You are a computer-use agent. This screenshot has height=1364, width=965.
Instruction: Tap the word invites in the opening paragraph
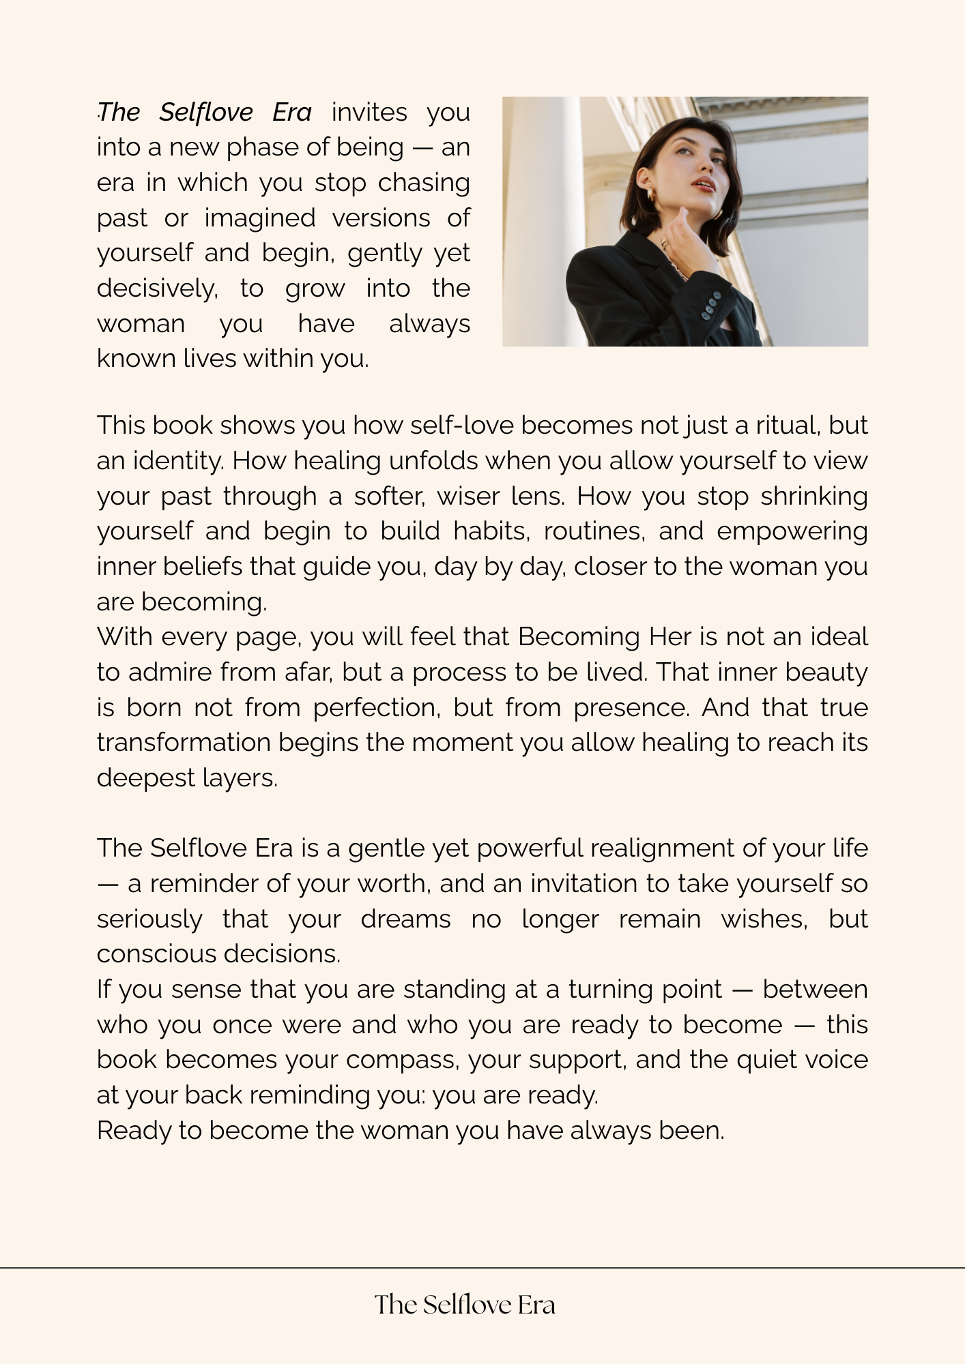369,112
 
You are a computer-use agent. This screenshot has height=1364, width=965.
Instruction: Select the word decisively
157,288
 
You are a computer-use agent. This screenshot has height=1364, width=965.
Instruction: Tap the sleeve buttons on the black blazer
711,305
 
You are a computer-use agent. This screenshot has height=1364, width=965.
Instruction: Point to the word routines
594,531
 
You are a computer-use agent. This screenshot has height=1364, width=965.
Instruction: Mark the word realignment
661,848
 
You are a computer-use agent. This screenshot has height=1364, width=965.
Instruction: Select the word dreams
405,919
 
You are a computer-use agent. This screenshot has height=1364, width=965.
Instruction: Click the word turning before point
611,990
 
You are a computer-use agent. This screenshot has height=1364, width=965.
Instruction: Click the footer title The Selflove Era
465,1305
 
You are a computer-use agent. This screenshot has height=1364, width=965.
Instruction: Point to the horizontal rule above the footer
482,1268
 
